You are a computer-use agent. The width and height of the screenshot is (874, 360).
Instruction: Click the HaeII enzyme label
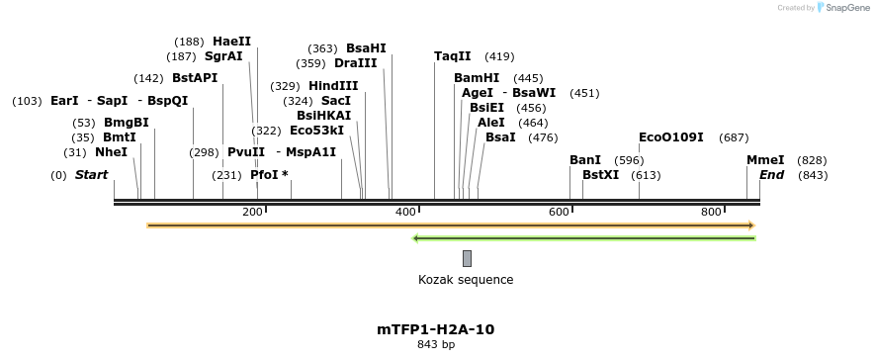[231, 42]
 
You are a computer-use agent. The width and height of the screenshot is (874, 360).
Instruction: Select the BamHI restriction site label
[477, 78]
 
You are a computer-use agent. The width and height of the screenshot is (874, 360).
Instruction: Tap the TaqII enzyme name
[452, 56]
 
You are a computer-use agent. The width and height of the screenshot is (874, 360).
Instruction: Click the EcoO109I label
[670, 137]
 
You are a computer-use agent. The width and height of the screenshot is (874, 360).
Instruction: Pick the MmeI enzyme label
[765, 160]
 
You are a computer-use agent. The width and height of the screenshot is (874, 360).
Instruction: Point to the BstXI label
[600, 175]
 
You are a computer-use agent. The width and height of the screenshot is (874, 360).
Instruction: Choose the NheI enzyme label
[111, 152]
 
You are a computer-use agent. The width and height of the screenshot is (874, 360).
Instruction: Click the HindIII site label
[333, 86]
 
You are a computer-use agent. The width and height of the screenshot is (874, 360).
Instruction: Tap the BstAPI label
[195, 78]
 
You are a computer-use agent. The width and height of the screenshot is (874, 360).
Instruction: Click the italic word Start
[91, 175]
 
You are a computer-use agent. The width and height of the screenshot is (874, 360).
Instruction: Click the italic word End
[772, 175]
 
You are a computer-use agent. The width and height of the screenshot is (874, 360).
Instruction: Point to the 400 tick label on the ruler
[405, 213]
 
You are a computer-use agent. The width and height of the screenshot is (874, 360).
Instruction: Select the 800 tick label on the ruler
[712, 213]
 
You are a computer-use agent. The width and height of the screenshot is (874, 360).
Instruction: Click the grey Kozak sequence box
[467, 258]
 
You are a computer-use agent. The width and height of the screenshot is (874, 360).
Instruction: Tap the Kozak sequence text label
[466, 280]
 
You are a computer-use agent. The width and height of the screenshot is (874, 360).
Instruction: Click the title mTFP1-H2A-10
[435, 329]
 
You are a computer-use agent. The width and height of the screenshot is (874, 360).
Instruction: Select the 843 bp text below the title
[435, 345]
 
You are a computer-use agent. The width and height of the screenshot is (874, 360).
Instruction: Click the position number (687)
[734, 137]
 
